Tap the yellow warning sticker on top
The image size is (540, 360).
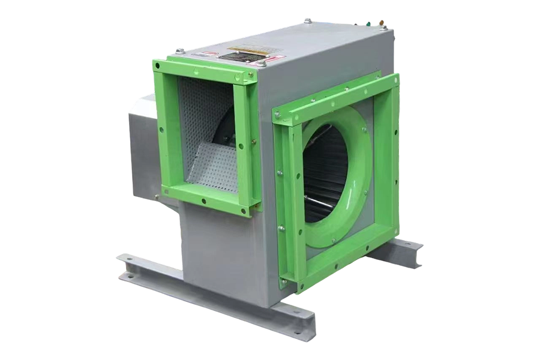[246, 49]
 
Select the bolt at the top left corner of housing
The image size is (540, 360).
[178, 51]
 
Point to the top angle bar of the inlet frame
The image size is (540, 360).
[336, 99]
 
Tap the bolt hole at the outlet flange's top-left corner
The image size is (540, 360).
[157, 64]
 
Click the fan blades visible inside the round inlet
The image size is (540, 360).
[324, 174]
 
